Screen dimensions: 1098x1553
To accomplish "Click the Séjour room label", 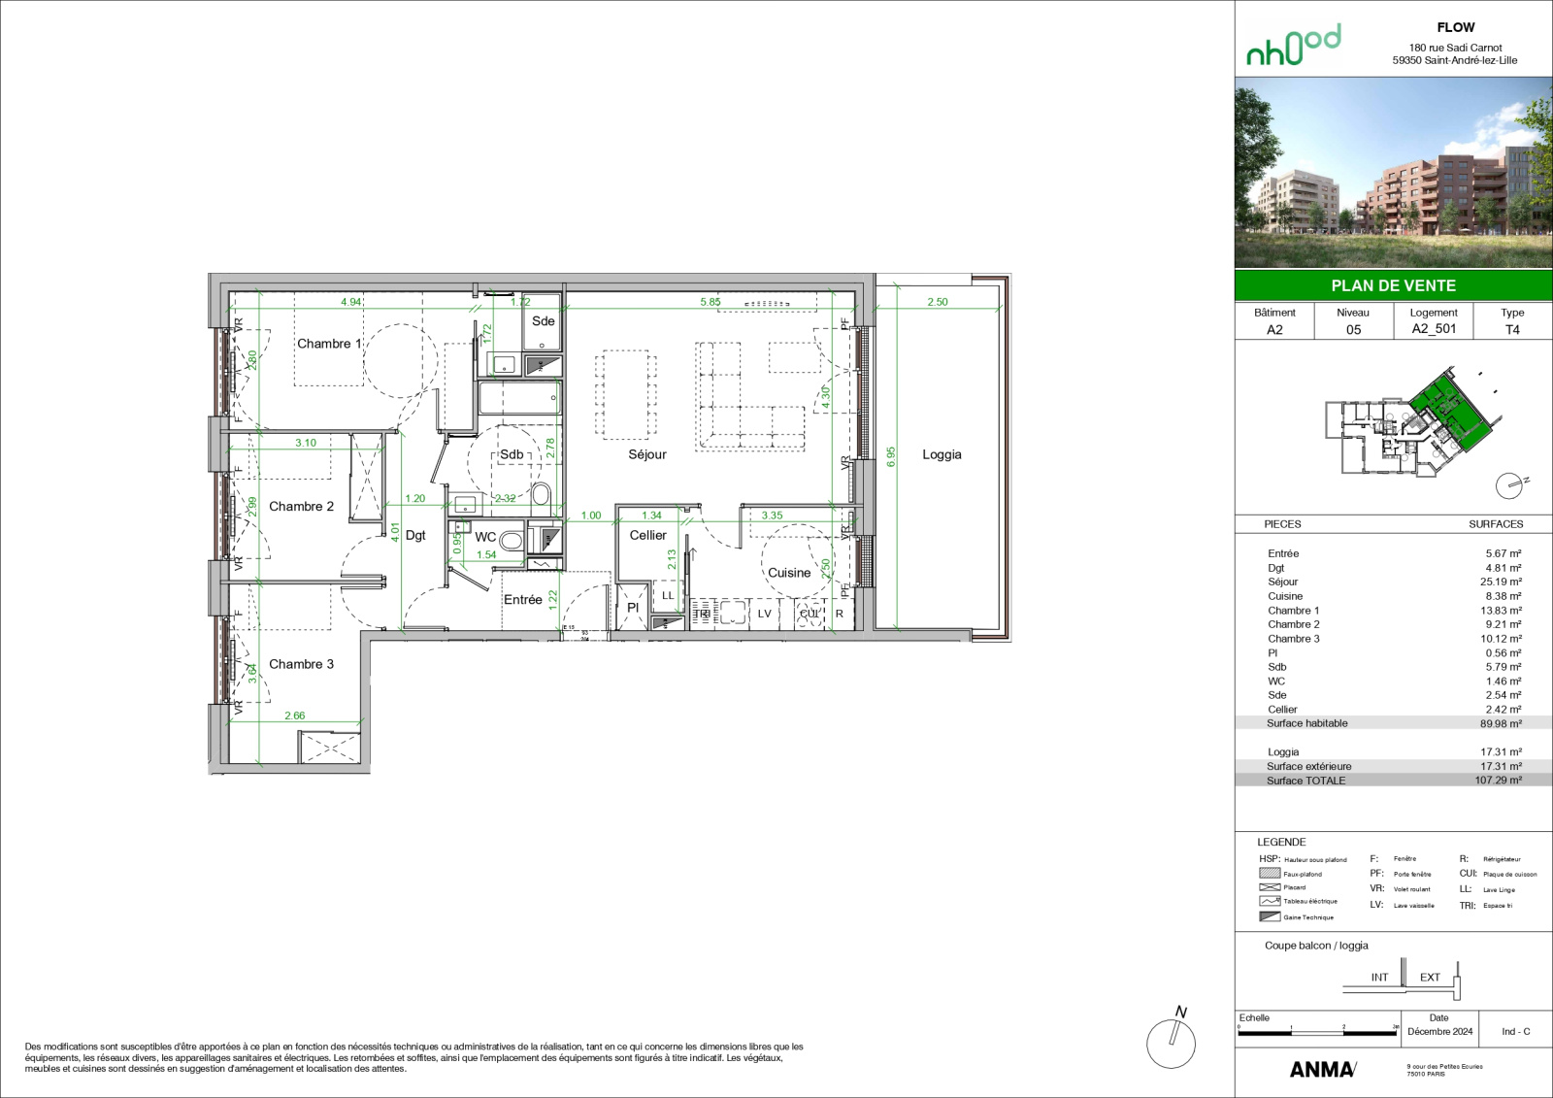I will point(647,454).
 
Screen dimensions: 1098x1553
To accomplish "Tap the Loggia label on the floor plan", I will point(942,454).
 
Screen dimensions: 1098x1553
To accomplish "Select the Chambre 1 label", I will point(328,344).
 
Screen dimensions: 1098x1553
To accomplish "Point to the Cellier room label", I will point(647,535).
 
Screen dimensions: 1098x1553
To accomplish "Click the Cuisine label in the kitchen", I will point(788,573).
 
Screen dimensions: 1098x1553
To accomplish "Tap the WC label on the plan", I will point(485,537).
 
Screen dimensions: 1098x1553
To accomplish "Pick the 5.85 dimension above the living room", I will point(710,302).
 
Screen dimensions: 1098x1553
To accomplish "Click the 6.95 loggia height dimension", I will point(891,456).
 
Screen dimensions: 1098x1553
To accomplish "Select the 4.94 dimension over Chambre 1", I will point(350,302).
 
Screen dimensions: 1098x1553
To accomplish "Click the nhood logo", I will point(1293,45).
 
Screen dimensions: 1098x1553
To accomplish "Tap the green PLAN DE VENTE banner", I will point(1393,285).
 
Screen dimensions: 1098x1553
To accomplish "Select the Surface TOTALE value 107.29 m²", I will point(1498,780).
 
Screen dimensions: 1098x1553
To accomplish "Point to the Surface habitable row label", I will point(1306,723).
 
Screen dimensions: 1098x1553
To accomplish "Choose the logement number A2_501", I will point(1434,329).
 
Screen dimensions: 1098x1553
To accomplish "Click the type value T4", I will point(1512,329).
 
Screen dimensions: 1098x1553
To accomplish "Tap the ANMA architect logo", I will point(1322,1069).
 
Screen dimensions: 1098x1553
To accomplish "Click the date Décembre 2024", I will point(1439,1031).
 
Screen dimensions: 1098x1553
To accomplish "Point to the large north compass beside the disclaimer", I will point(1171,1042).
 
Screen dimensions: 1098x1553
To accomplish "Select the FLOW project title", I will point(1455,27).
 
